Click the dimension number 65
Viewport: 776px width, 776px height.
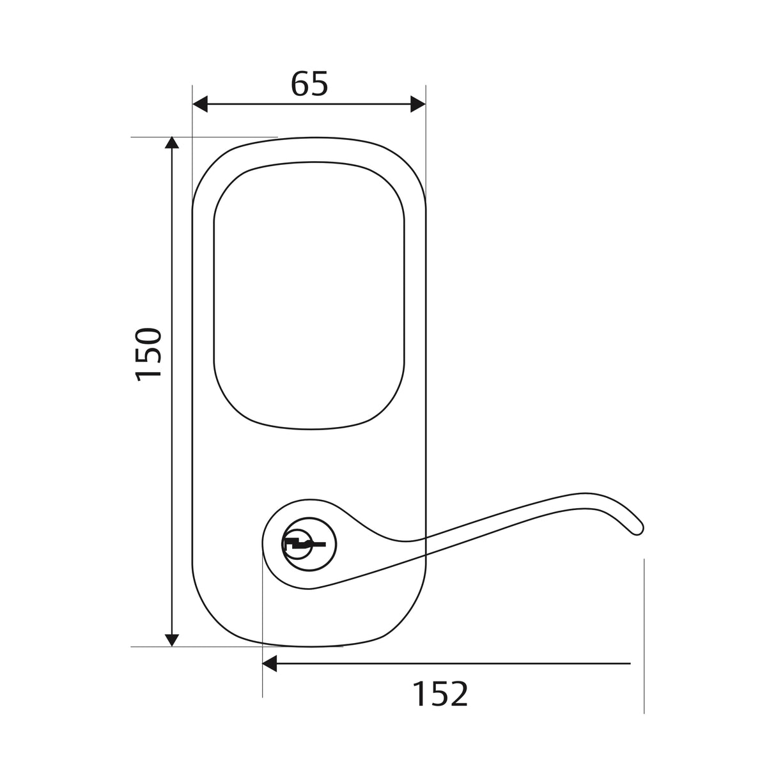pos(309,84)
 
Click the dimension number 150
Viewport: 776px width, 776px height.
pos(148,354)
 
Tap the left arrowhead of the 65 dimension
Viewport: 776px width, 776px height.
pos(200,104)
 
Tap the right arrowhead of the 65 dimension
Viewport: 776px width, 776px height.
pos(418,104)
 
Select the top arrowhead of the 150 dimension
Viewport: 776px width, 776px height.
pos(172,144)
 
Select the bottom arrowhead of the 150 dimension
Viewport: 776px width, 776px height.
pos(172,640)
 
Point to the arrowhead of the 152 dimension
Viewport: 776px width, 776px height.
pos(270,663)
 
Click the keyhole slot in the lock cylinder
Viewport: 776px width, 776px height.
pos(304,545)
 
